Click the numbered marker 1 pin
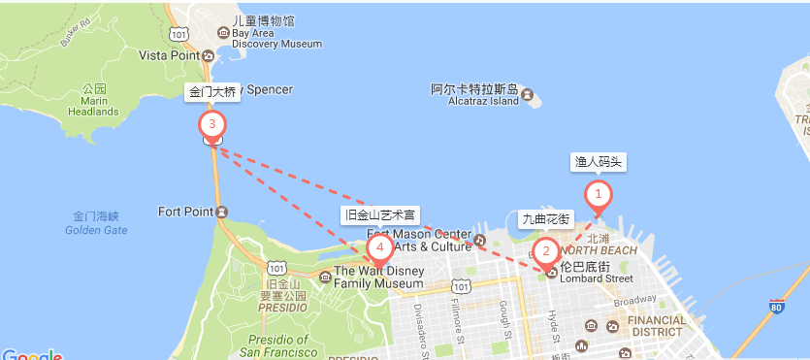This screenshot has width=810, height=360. pyautogui.click(x=599, y=195)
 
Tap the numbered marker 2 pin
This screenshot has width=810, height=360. pyautogui.click(x=545, y=252)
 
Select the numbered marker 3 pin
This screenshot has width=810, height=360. pyautogui.click(x=211, y=124)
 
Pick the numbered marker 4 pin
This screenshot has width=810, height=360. pyautogui.click(x=380, y=249)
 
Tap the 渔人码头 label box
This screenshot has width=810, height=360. pyautogui.click(x=599, y=162)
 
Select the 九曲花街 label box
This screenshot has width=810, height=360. pyautogui.click(x=545, y=218)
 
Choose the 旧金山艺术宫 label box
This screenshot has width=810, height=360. pyautogui.click(x=380, y=214)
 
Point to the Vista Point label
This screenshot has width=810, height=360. pyautogui.click(x=170, y=56)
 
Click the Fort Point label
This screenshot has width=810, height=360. pyautogui.click(x=185, y=212)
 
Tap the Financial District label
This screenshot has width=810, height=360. pyautogui.click(x=656, y=325)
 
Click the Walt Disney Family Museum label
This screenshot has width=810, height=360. pyautogui.click(x=378, y=278)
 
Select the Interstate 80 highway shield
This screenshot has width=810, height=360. pyautogui.click(x=774, y=308)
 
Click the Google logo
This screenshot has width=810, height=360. pyautogui.click(x=32, y=355)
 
